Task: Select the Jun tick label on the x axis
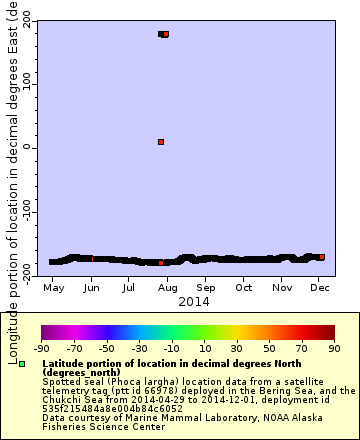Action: pyautogui.click(x=91, y=288)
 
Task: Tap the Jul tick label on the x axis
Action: pyautogui.click(x=129, y=288)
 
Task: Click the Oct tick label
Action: pyautogui.click(x=243, y=288)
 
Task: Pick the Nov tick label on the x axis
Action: pyautogui.click(x=282, y=288)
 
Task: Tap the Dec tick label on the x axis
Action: pyautogui.click(x=319, y=288)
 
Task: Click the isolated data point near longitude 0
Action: pyautogui.click(x=161, y=142)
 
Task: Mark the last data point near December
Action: pyautogui.click(x=321, y=257)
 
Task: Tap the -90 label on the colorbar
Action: pyautogui.click(x=41, y=348)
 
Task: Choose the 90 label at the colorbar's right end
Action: pyautogui.click(x=334, y=348)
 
